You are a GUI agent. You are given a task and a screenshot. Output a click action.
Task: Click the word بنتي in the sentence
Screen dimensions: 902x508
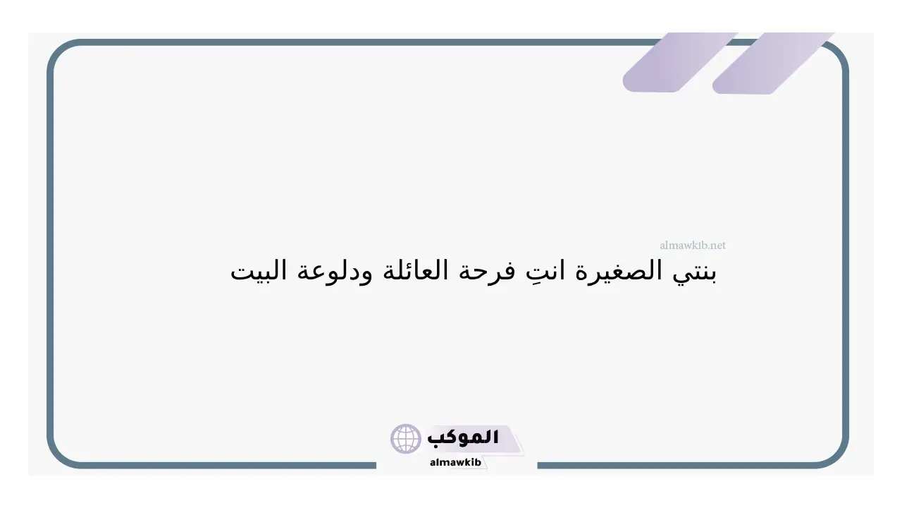click(x=694, y=272)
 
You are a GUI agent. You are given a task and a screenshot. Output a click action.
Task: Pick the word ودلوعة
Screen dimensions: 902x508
click(x=334, y=272)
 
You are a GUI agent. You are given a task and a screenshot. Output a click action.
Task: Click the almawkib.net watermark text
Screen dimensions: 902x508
click(x=693, y=245)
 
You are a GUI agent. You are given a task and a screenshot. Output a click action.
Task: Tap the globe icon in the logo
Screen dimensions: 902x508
click(x=405, y=439)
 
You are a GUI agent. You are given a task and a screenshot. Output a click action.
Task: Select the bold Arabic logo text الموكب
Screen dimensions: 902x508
click(x=463, y=438)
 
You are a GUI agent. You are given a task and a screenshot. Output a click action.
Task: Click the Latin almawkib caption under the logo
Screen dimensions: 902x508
click(x=455, y=462)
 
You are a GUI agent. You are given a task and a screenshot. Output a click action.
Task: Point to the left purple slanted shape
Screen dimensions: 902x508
click(x=680, y=63)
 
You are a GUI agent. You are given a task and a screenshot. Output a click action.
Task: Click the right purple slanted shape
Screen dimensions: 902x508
click(x=772, y=64)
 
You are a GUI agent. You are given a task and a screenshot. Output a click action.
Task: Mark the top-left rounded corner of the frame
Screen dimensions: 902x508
click(x=58, y=50)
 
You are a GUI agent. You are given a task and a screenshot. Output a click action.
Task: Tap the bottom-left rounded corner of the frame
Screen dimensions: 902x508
click(x=58, y=458)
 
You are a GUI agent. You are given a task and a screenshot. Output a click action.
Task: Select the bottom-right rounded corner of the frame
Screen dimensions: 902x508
click(x=838, y=458)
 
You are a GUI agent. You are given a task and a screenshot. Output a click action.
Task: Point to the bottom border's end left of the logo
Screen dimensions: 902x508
click(x=376, y=465)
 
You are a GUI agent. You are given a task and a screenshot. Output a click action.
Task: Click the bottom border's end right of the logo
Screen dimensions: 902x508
click(x=538, y=465)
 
